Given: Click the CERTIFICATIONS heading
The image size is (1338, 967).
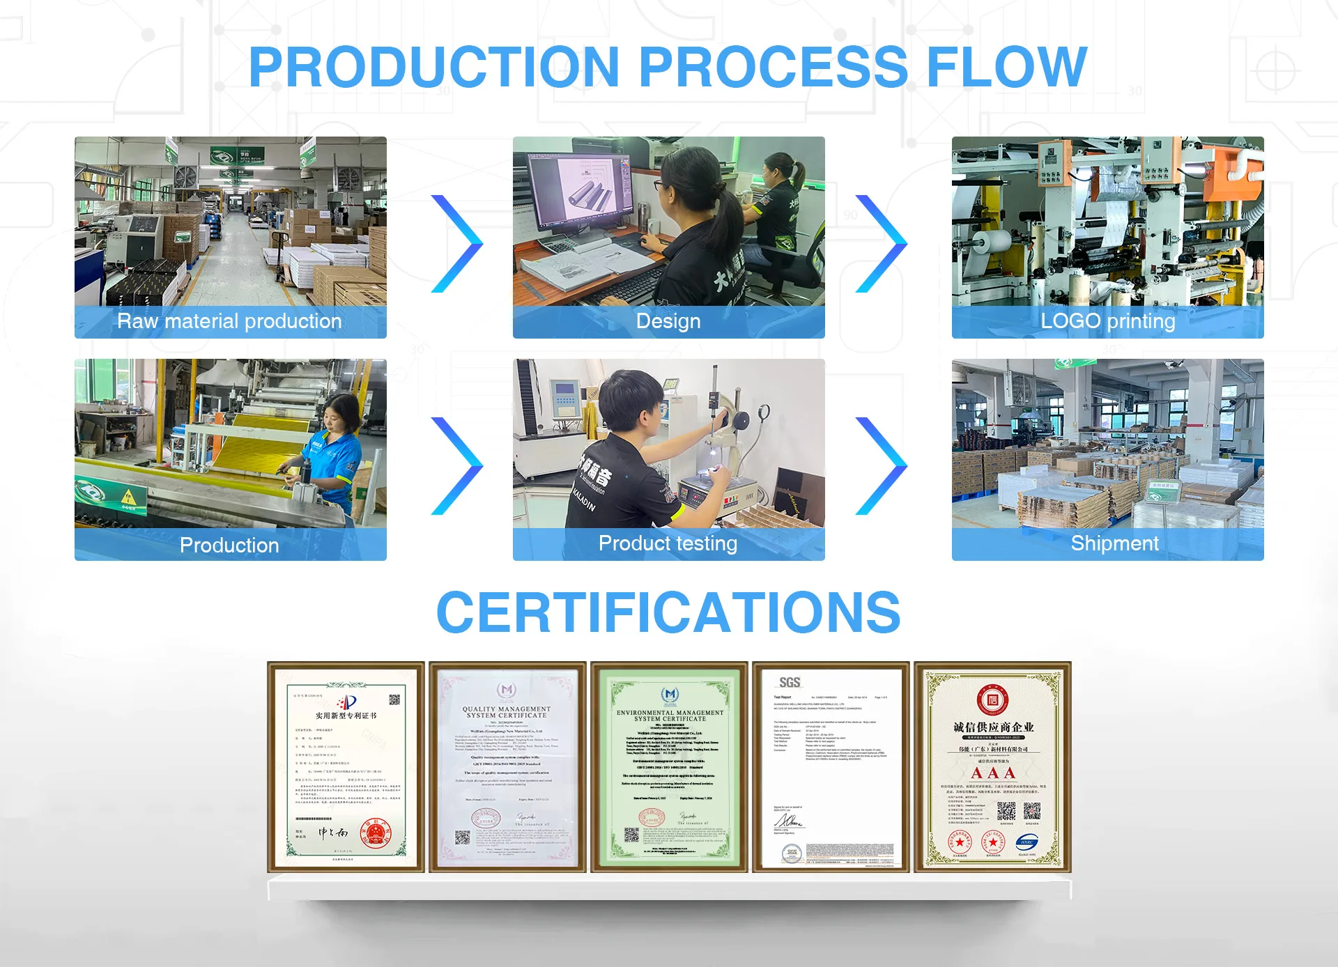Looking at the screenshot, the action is click(x=668, y=612).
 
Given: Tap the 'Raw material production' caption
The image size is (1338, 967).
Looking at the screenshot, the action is click(x=229, y=321).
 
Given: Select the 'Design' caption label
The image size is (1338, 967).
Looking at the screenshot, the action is click(x=668, y=321).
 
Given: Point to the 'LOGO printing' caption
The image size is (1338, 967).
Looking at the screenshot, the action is click(x=1107, y=321).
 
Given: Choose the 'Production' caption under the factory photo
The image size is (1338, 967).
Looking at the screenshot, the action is click(x=229, y=545).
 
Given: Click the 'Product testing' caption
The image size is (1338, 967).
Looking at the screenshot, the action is click(x=668, y=543).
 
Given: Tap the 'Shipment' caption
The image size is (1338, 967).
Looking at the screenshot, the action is click(x=1114, y=543).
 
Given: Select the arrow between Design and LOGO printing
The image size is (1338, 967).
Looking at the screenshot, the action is click(x=881, y=244).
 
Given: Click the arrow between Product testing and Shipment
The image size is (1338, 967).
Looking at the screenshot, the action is click(x=881, y=466).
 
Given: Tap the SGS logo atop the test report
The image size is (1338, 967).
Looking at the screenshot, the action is click(x=790, y=683).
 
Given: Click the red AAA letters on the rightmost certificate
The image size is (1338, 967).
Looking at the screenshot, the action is click(x=992, y=773).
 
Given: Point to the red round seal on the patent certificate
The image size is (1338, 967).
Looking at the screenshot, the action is click(x=376, y=834).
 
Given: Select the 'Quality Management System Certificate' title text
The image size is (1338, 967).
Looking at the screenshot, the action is click(x=507, y=712).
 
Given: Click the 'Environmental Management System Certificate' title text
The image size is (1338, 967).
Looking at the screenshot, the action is click(x=670, y=715).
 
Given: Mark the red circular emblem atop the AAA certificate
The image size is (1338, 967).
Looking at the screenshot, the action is click(x=992, y=699).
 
